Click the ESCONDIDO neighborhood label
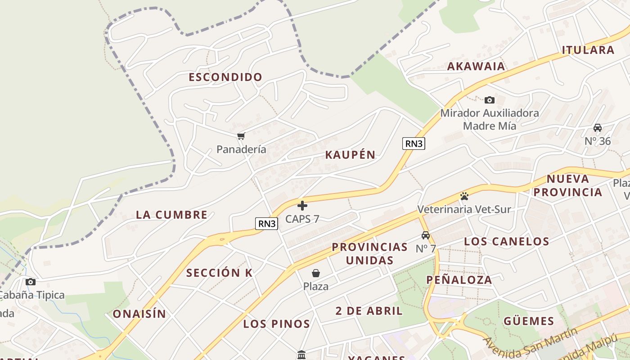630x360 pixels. [x=225, y=77]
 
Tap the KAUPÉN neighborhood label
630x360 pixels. [x=350, y=155]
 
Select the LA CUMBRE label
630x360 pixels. [x=171, y=215]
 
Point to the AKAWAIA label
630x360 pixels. [x=476, y=67]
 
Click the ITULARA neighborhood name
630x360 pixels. [x=588, y=50]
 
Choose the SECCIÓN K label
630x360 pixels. [x=219, y=273]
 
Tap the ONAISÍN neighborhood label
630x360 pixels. [x=139, y=314]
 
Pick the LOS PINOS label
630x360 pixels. [x=276, y=324]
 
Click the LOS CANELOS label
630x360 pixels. [x=506, y=241]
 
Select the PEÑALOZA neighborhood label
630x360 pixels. [x=459, y=279]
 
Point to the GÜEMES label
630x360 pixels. [x=528, y=321]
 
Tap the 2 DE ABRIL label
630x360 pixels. [x=369, y=310]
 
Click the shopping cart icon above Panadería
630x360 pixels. [x=241, y=136]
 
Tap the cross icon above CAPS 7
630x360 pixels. [x=302, y=206]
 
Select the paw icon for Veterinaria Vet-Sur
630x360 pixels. [x=464, y=196]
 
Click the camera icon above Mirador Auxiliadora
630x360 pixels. [x=489, y=100]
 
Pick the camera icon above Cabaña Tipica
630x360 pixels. [x=30, y=282]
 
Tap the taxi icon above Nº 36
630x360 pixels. [x=598, y=128]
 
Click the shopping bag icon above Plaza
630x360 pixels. [x=316, y=273]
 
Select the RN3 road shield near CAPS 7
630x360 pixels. [x=266, y=223]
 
